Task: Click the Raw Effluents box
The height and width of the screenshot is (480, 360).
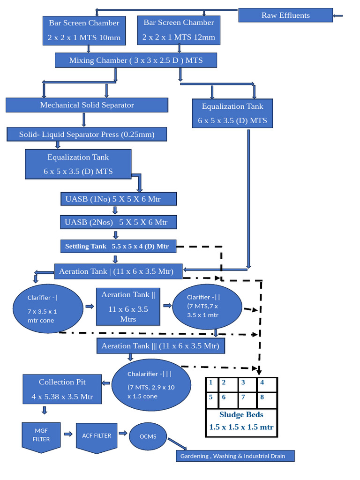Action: (x=285, y=15)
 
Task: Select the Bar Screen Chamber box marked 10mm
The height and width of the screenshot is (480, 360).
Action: (x=84, y=30)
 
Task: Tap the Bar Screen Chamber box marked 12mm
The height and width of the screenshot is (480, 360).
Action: (x=179, y=30)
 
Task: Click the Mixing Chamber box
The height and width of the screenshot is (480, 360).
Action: (x=135, y=60)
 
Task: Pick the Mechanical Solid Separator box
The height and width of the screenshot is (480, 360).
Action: (x=87, y=105)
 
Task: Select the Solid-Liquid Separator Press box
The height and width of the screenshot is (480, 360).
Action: (x=87, y=135)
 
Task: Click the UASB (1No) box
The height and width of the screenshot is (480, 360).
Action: (x=119, y=199)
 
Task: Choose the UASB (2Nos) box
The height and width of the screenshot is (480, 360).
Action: (x=119, y=222)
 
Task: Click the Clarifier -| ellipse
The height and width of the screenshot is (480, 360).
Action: (x=46, y=309)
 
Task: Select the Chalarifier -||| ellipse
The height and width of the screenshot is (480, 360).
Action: (x=151, y=385)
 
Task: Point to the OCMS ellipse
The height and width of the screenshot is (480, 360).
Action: (x=148, y=436)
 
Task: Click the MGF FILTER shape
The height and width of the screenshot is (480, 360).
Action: (x=41, y=436)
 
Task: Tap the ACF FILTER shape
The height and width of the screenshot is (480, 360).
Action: (x=97, y=436)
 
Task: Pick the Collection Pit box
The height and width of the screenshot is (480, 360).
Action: (x=62, y=390)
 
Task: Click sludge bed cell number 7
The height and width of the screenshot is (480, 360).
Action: (x=247, y=399)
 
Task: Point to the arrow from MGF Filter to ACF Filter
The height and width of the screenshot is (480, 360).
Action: (x=68, y=434)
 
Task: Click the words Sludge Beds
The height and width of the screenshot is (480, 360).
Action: (x=241, y=414)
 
